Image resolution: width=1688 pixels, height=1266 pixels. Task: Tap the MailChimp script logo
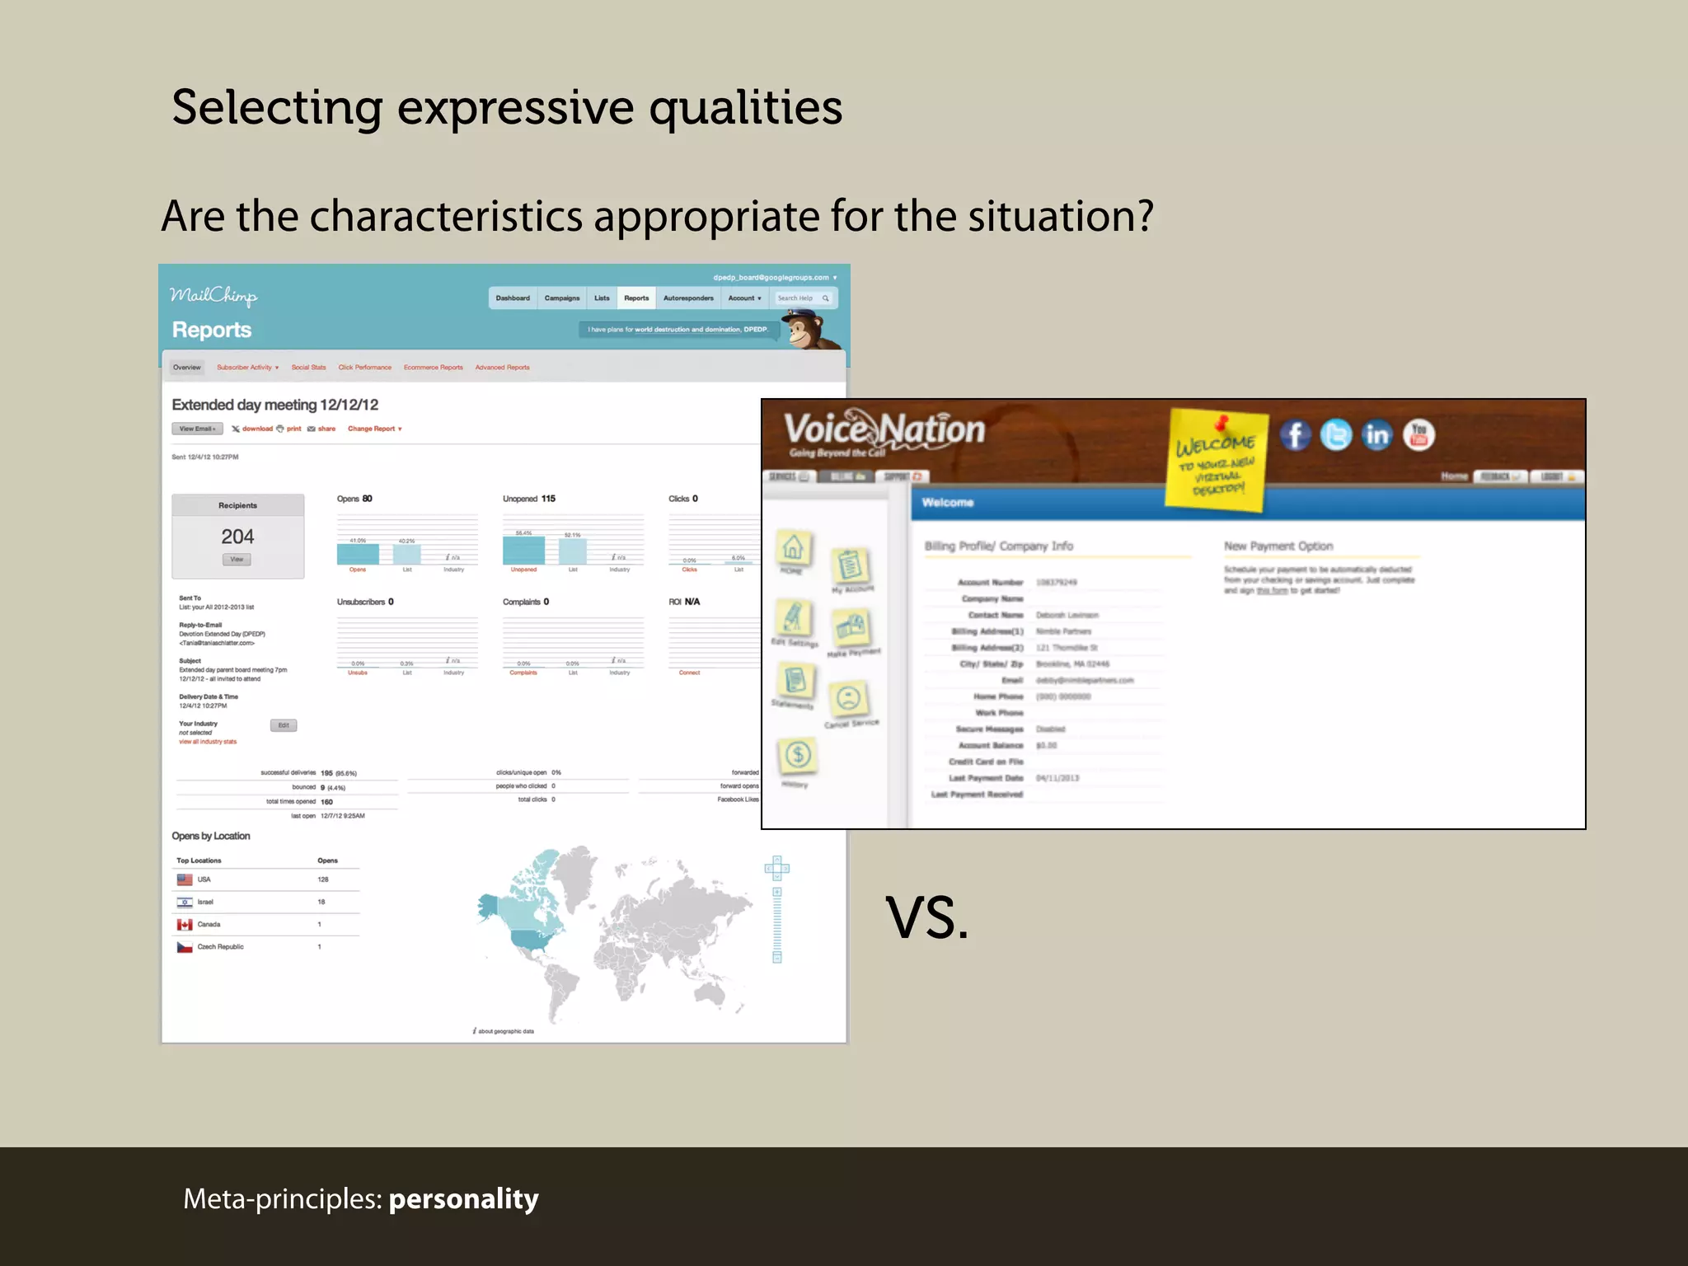click(213, 296)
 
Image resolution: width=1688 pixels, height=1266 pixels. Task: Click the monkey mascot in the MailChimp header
click(807, 329)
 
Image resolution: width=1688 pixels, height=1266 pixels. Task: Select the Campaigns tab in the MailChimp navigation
click(561, 298)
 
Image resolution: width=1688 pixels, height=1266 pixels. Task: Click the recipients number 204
click(237, 537)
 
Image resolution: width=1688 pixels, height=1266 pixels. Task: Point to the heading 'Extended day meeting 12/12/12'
click(274, 405)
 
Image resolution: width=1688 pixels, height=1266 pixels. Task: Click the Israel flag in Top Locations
click(185, 902)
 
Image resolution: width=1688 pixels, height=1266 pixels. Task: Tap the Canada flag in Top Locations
click(185, 925)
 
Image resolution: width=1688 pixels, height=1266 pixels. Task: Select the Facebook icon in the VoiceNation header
click(1295, 434)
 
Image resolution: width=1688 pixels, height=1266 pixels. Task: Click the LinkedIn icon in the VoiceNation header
click(1376, 434)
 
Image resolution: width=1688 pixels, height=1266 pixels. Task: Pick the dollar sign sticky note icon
click(797, 754)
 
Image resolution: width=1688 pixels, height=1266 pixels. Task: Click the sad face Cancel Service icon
click(849, 699)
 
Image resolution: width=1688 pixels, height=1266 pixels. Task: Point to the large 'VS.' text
click(926, 918)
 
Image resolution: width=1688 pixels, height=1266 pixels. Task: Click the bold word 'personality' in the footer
click(463, 1198)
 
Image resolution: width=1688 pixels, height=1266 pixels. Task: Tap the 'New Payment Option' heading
click(1278, 546)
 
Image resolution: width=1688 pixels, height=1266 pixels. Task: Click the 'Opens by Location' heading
click(211, 836)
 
